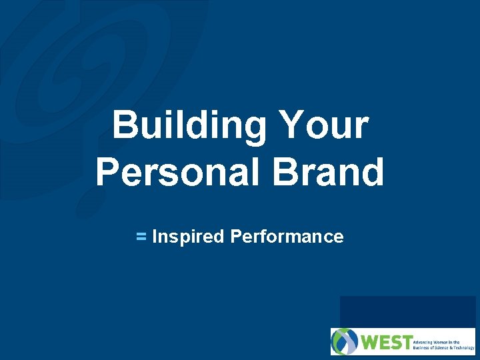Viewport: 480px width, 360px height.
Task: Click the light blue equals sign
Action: click(x=141, y=236)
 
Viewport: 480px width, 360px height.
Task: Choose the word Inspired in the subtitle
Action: click(x=188, y=237)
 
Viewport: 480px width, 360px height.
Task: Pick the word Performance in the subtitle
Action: click(x=287, y=237)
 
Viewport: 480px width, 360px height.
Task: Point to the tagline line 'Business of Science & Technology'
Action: click(x=445, y=347)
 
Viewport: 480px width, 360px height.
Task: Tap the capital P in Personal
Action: click(x=108, y=171)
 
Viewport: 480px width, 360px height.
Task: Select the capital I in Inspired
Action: click(x=155, y=237)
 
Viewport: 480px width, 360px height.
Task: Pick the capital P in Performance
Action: click(x=235, y=237)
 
